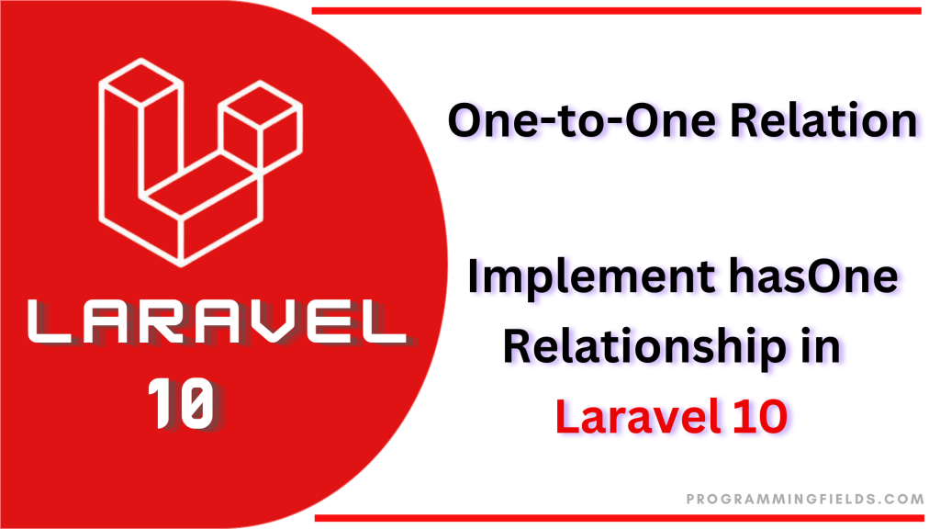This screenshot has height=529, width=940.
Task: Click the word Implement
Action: pos(590,276)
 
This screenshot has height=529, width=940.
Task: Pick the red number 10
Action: pos(760,416)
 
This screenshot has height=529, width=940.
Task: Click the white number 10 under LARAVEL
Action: pos(181,403)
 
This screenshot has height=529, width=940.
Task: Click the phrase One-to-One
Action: pos(581,120)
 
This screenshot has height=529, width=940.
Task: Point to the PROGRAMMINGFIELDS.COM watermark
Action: pos(805,499)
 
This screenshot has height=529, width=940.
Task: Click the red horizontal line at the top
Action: pos(616,11)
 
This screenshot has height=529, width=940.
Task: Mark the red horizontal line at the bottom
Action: pos(620,518)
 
